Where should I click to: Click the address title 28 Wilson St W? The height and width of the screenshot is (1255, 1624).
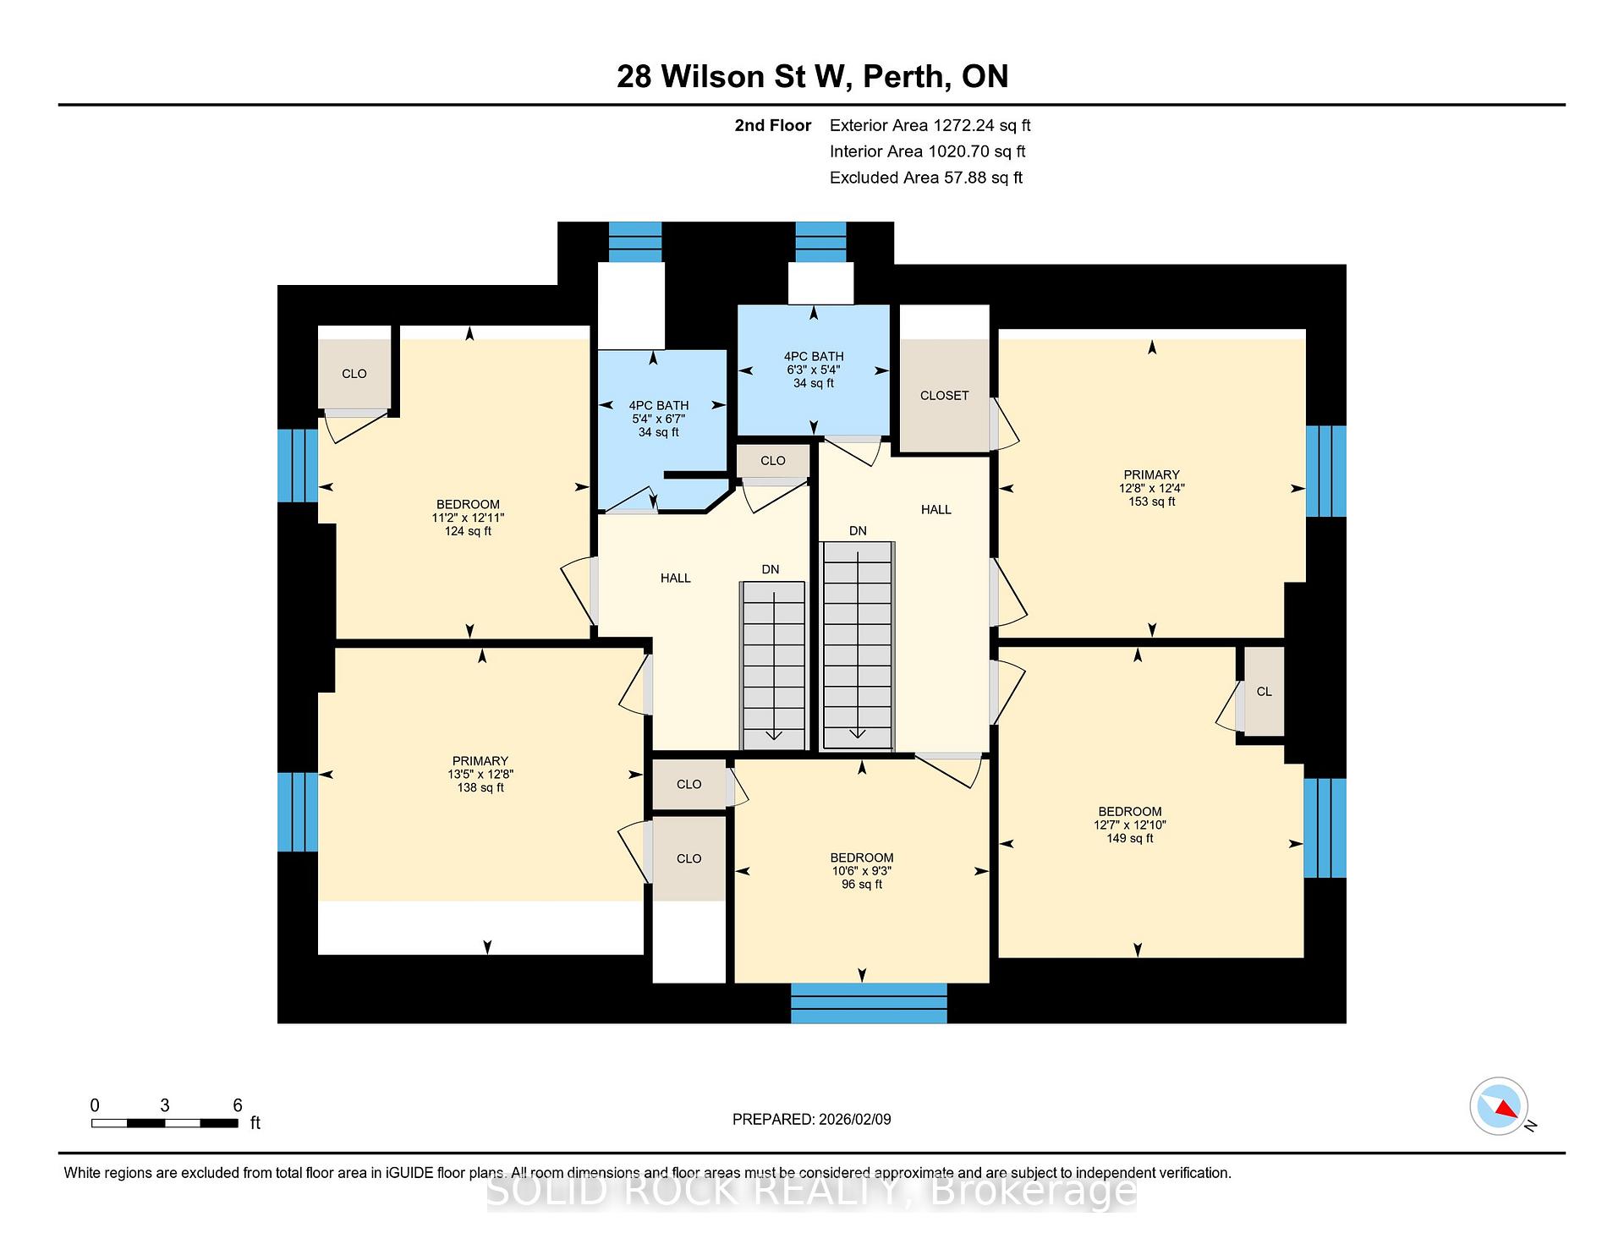(731, 77)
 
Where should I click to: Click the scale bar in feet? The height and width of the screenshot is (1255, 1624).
(165, 1123)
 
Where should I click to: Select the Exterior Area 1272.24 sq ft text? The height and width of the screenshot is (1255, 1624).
(930, 126)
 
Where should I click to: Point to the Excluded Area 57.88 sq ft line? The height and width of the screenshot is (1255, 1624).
(926, 178)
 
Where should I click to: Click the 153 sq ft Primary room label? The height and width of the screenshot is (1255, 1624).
(1151, 488)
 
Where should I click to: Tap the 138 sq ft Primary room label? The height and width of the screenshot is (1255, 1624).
(480, 774)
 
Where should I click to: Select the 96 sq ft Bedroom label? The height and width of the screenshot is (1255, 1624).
(862, 871)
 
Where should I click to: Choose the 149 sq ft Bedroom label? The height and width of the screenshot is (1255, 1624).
(1130, 825)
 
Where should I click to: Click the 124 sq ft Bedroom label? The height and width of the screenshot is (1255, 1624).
(468, 518)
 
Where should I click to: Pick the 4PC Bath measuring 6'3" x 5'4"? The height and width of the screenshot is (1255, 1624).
(814, 370)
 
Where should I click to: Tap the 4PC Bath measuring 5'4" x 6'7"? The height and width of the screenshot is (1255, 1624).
(659, 419)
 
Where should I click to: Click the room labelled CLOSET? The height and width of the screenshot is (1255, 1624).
(944, 396)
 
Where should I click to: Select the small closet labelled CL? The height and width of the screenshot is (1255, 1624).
(1264, 692)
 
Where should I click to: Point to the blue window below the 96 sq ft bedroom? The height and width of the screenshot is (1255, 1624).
(869, 1003)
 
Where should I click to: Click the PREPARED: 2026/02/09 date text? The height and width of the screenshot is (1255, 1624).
(811, 1120)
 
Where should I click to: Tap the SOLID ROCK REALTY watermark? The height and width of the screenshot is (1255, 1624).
(811, 1192)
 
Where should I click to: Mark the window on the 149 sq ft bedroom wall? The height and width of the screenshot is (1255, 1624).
(1325, 828)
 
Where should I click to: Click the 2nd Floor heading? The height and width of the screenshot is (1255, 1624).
(772, 126)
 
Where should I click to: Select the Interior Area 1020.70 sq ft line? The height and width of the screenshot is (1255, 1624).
(927, 151)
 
